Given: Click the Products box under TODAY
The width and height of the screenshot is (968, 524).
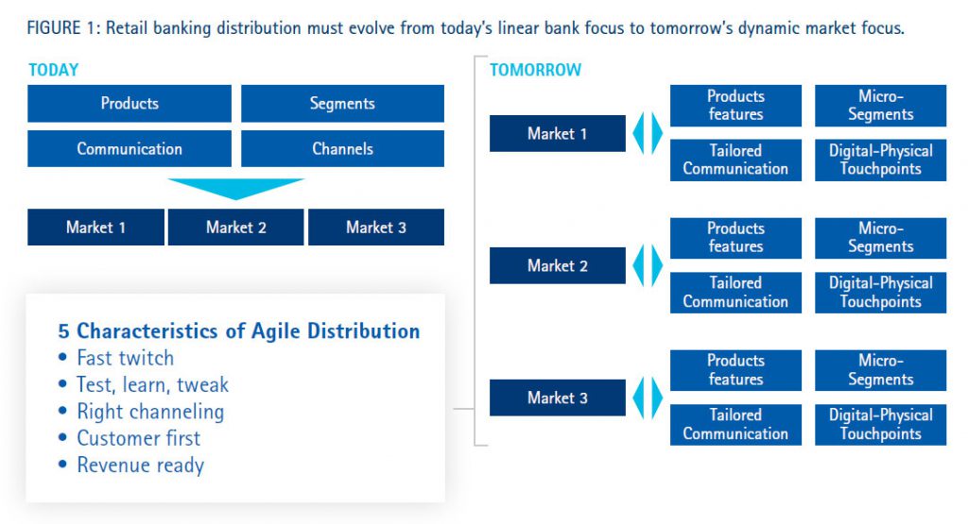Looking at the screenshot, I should click(130, 104).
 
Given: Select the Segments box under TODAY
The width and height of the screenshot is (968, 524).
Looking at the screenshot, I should click(342, 104).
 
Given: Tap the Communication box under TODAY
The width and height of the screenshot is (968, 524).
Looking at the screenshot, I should click(130, 149).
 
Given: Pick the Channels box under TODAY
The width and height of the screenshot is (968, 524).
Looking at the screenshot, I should click(342, 149).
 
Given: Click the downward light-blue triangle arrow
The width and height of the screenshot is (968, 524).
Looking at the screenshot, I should click(235, 188).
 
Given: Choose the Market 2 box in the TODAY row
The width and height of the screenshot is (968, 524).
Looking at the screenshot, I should click(235, 228).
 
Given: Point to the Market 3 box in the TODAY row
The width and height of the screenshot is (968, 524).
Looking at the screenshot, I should click(375, 228).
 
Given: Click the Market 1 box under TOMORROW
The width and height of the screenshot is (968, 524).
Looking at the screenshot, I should click(557, 134).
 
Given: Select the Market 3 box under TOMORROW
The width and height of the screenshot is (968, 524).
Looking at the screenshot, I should click(557, 397).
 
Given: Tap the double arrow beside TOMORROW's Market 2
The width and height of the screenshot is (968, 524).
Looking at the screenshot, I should click(648, 265).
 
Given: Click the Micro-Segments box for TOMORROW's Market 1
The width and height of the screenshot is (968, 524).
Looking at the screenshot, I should click(880, 106).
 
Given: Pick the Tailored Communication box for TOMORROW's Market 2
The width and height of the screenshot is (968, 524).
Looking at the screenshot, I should click(735, 293).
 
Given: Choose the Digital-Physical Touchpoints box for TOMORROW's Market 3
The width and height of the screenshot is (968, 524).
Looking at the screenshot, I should click(880, 425).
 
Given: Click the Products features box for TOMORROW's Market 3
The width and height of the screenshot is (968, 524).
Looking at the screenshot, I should click(735, 370).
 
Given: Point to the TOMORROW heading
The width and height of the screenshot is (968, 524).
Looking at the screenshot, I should click(535, 70).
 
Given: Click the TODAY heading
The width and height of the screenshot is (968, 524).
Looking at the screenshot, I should click(54, 70).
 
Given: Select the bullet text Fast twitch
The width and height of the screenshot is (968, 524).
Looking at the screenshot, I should click(125, 358).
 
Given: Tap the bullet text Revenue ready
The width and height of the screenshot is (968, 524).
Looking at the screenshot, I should click(140, 465).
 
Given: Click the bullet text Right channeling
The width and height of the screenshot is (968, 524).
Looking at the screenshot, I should click(150, 412).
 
